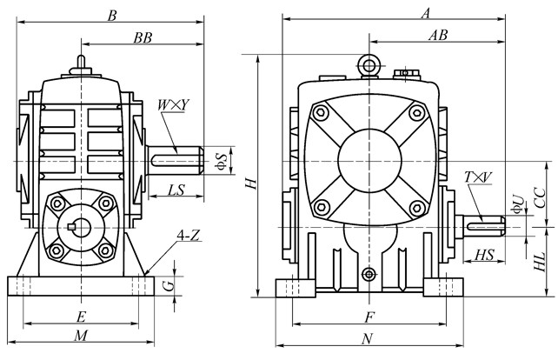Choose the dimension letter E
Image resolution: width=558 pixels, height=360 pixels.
coord(82,316)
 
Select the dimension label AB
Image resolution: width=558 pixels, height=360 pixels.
coord(438,36)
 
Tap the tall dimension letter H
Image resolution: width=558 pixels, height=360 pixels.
coord(250,183)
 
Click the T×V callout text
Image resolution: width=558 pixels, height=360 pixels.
coord(478,177)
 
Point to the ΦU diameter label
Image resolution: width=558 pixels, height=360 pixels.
coord(517,206)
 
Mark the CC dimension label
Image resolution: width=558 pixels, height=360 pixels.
coord(541,196)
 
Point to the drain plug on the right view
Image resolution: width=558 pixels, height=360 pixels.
coord(371,274)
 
